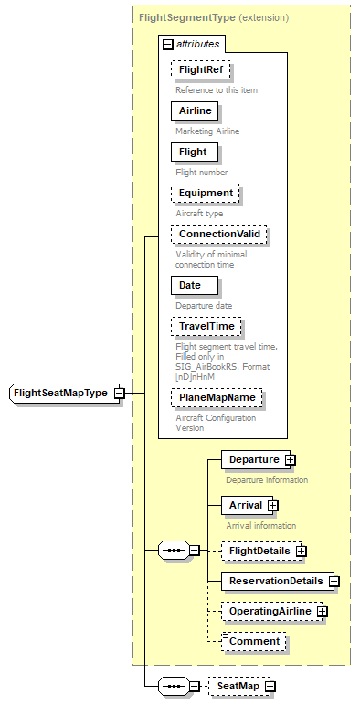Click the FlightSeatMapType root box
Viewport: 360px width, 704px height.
(x=59, y=394)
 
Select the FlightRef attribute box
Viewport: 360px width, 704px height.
(x=199, y=69)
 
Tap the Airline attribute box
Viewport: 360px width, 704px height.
(x=195, y=110)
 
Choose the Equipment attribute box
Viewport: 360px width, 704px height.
(x=205, y=193)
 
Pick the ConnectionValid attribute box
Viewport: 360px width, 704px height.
(x=219, y=234)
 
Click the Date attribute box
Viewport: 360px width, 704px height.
(x=190, y=285)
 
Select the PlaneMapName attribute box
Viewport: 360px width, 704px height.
(x=217, y=397)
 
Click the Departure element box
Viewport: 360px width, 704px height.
(x=253, y=459)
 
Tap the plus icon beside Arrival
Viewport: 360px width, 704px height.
(x=272, y=505)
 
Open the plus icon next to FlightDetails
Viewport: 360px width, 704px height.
(x=301, y=551)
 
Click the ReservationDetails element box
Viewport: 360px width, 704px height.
(x=275, y=581)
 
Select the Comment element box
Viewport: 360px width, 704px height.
(x=254, y=641)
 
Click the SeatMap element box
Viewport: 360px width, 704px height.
(x=236, y=686)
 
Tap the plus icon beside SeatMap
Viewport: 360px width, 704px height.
(x=270, y=686)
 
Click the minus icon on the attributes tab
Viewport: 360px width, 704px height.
(x=167, y=43)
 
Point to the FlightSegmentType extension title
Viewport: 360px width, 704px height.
(x=214, y=17)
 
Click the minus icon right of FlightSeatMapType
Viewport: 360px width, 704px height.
(x=120, y=394)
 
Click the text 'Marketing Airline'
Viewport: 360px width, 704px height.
(x=207, y=131)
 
